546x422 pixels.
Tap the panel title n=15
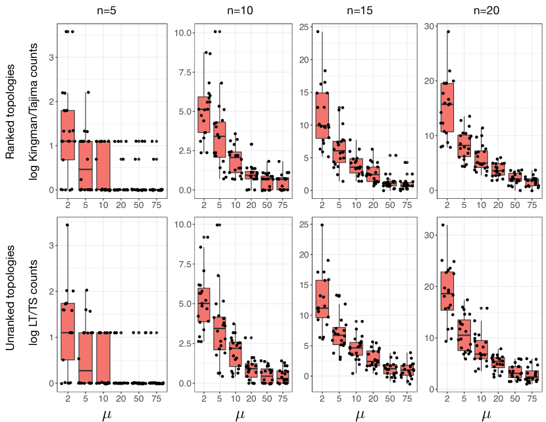(x=360, y=11)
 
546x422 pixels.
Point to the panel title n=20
(x=486, y=11)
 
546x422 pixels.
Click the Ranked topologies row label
(x=11, y=109)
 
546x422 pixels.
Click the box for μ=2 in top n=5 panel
(x=68, y=134)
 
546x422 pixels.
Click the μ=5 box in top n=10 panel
(x=220, y=139)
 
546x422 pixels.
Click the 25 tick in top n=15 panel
(x=304, y=26)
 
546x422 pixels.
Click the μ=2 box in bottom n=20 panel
(x=447, y=291)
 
